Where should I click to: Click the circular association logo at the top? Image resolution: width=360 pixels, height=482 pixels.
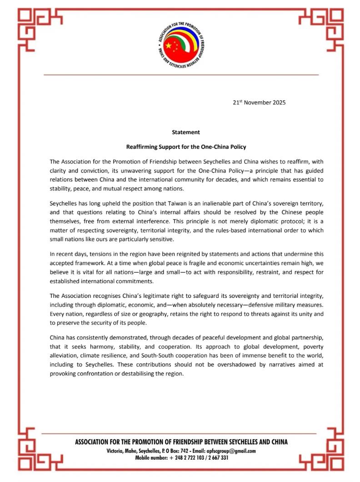coord(180,45)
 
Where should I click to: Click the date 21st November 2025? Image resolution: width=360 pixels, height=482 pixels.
coord(259,103)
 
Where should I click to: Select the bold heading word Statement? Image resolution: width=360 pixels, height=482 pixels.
coord(186,132)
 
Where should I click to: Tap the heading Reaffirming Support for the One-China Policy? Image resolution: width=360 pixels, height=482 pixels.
coord(186,147)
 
